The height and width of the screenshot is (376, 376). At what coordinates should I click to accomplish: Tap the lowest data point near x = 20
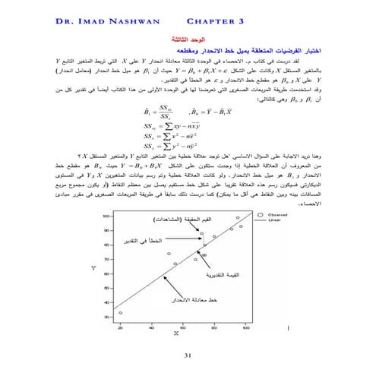121,313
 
